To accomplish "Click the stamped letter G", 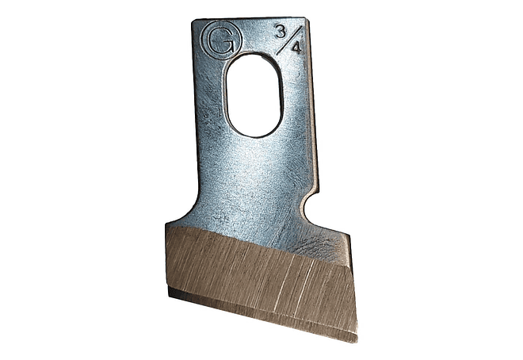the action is [x=221, y=40].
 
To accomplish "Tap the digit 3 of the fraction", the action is [x=281, y=32].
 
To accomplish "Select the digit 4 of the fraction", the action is [x=296, y=48].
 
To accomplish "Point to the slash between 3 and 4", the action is [x=289, y=40].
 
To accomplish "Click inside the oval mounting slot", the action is [x=254, y=95].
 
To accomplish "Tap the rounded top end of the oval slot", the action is [x=254, y=56].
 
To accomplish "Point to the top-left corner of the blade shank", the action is [x=193, y=21].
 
